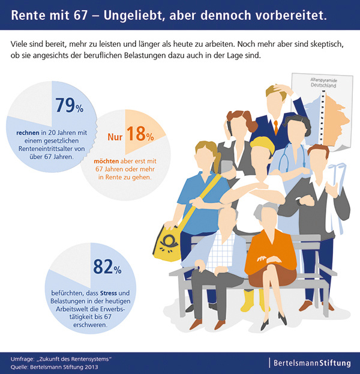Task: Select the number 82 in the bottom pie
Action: coord(106,265)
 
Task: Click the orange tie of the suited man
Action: coord(275,126)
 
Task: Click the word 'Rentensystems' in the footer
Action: coord(84,358)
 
